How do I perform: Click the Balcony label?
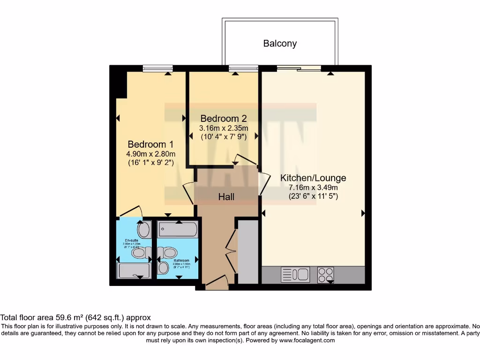(x=280, y=44)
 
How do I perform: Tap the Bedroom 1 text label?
(x=147, y=144)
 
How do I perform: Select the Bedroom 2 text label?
(x=224, y=119)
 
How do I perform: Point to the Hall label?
(x=226, y=197)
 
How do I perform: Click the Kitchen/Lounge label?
(x=313, y=178)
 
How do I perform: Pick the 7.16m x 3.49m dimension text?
(x=313, y=187)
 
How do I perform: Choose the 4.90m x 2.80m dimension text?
(x=151, y=154)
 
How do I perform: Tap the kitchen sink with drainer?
(x=295, y=274)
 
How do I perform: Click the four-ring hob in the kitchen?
(x=326, y=274)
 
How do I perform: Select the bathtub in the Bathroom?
(x=178, y=230)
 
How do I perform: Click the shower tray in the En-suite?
(x=134, y=270)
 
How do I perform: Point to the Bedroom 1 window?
(x=155, y=68)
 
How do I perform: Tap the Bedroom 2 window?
(x=243, y=68)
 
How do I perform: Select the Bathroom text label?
(x=181, y=261)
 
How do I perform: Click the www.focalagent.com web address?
(x=307, y=341)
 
